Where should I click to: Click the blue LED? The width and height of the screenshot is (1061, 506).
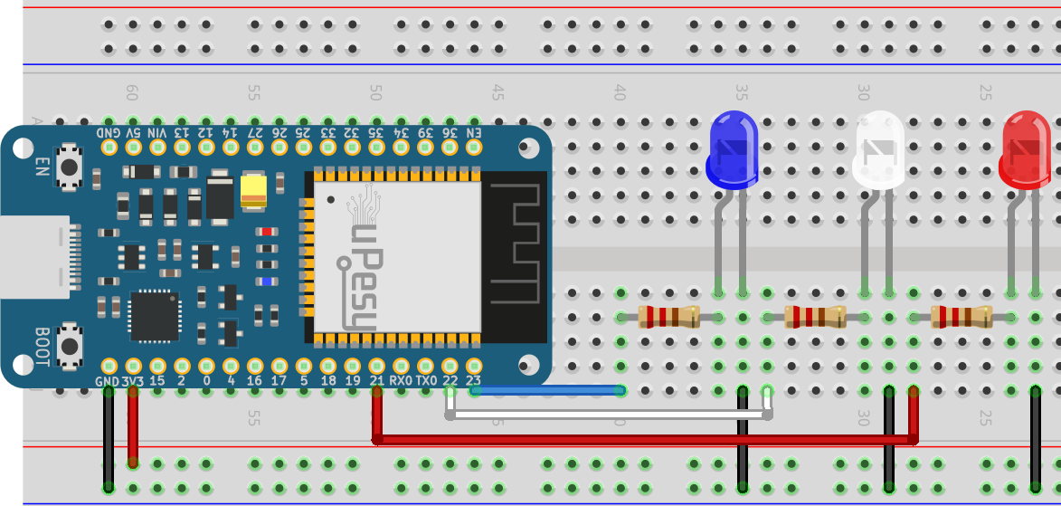(x=732, y=149)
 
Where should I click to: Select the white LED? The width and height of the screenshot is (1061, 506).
(x=879, y=150)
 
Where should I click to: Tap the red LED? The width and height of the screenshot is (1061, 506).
(x=1027, y=150)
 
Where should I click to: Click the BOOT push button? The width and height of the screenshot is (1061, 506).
(x=68, y=344)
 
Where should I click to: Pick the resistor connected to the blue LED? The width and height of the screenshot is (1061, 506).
(x=668, y=317)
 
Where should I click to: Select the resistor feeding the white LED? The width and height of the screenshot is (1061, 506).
(x=816, y=317)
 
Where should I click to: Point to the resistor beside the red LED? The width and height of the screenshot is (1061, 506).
(x=962, y=317)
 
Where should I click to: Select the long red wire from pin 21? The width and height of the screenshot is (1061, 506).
(x=633, y=440)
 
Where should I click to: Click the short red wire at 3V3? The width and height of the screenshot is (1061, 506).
(x=133, y=425)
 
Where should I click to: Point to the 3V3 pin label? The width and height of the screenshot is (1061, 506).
(x=133, y=382)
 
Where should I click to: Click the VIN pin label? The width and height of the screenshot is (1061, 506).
(x=157, y=132)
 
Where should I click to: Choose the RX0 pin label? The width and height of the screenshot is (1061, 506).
(x=401, y=382)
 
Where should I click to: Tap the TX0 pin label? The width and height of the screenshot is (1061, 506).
(x=426, y=382)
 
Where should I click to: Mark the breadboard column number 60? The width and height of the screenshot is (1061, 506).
(x=132, y=92)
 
